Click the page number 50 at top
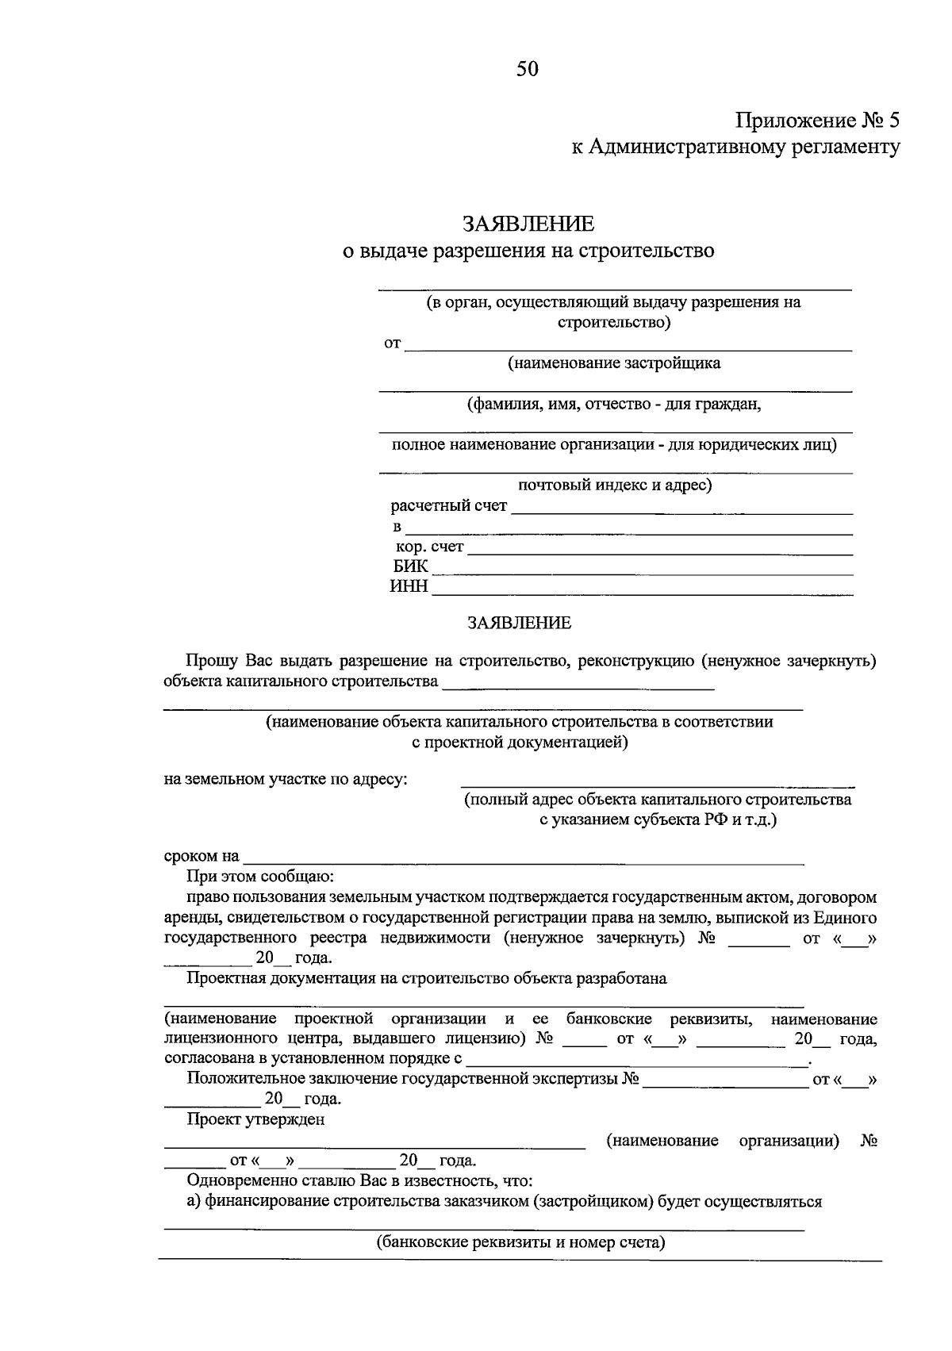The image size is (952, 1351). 527,70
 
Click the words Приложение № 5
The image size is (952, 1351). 818,121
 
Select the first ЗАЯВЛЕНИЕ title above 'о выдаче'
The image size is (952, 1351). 528,224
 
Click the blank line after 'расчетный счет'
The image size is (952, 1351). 681,511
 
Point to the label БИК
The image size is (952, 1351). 409,566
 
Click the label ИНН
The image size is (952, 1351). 409,587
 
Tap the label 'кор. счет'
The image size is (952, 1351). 429,547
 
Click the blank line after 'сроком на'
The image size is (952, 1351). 524,860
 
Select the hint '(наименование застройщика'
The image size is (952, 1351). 614,363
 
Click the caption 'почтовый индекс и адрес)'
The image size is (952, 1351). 615,485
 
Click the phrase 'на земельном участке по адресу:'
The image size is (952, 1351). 286,779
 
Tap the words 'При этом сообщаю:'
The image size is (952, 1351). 260,877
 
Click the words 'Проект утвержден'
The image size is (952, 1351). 255,1119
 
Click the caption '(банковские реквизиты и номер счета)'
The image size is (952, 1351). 520,1242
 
